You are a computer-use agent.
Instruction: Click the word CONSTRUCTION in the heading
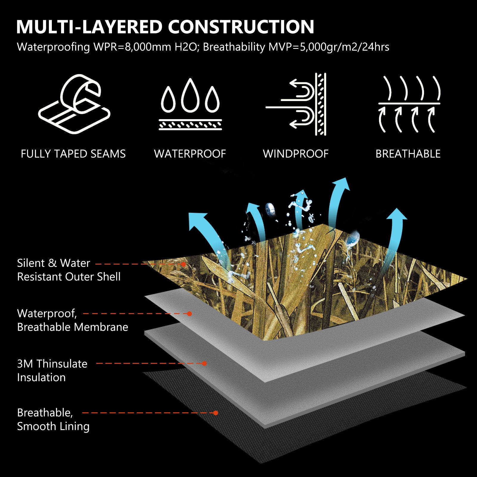pyautogui.click(x=241, y=27)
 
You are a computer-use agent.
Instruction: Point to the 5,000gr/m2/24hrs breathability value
pyautogui.click(x=344, y=47)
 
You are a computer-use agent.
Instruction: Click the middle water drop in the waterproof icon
pyautogui.click(x=190, y=95)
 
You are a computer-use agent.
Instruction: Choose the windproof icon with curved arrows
pyautogui.click(x=296, y=104)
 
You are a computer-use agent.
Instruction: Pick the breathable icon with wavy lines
pyautogui.click(x=409, y=104)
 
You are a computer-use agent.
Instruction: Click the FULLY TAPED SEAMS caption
pyautogui.click(x=73, y=154)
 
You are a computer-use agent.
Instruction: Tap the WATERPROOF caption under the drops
pyautogui.click(x=190, y=154)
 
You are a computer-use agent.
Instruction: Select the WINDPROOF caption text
pyautogui.click(x=296, y=154)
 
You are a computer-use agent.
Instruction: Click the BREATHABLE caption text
pyautogui.click(x=408, y=154)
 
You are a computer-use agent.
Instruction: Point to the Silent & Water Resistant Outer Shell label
pyautogui.click(x=69, y=270)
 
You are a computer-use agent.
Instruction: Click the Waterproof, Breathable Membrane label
pyautogui.click(x=72, y=320)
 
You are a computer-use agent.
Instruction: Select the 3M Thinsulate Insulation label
pyautogui.click(x=52, y=370)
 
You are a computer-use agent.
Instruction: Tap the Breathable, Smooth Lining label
pyautogui.click(x=53, y=419)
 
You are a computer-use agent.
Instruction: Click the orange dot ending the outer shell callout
pyautogui.click(x=184, y=264)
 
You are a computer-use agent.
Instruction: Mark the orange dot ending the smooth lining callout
pyautogui.click(x=216, y=413)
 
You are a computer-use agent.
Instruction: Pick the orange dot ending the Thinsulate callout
pyautogui.click(x=204, y=363)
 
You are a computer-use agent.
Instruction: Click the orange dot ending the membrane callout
pyautogui.click(x=189, y=314)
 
